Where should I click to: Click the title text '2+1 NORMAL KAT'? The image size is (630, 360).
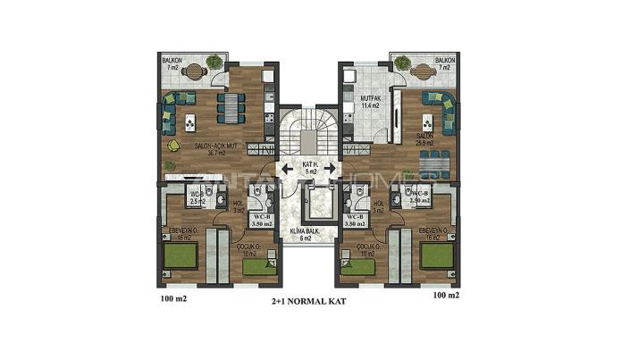pyautogui.click(x=307, y=302)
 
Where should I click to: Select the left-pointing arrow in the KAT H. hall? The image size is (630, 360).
pyautogui.click(x=287, y=168)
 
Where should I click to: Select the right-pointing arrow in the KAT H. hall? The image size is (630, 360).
pyautogui.click(x=329, y=168)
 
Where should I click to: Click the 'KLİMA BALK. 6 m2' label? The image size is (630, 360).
pyautogui.click(x=307, y=234)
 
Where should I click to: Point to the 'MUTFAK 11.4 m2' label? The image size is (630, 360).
pyautogui.click(x=370, y=102)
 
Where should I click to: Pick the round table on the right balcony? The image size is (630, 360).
pyautogui.click(x=403, y=67)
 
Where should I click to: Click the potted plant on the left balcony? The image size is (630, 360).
pyautogui.click(x=213, y=63)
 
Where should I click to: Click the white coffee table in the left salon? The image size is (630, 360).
pyautogui.click(x=190, y=120)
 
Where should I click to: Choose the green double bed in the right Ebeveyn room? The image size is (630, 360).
pyautogui.click(x=437, y=256)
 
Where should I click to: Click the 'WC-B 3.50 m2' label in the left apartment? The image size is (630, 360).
pyautogui.click(x=259, y=219)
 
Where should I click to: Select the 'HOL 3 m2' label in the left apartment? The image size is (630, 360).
pyautogui.click(x=239, y=207)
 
